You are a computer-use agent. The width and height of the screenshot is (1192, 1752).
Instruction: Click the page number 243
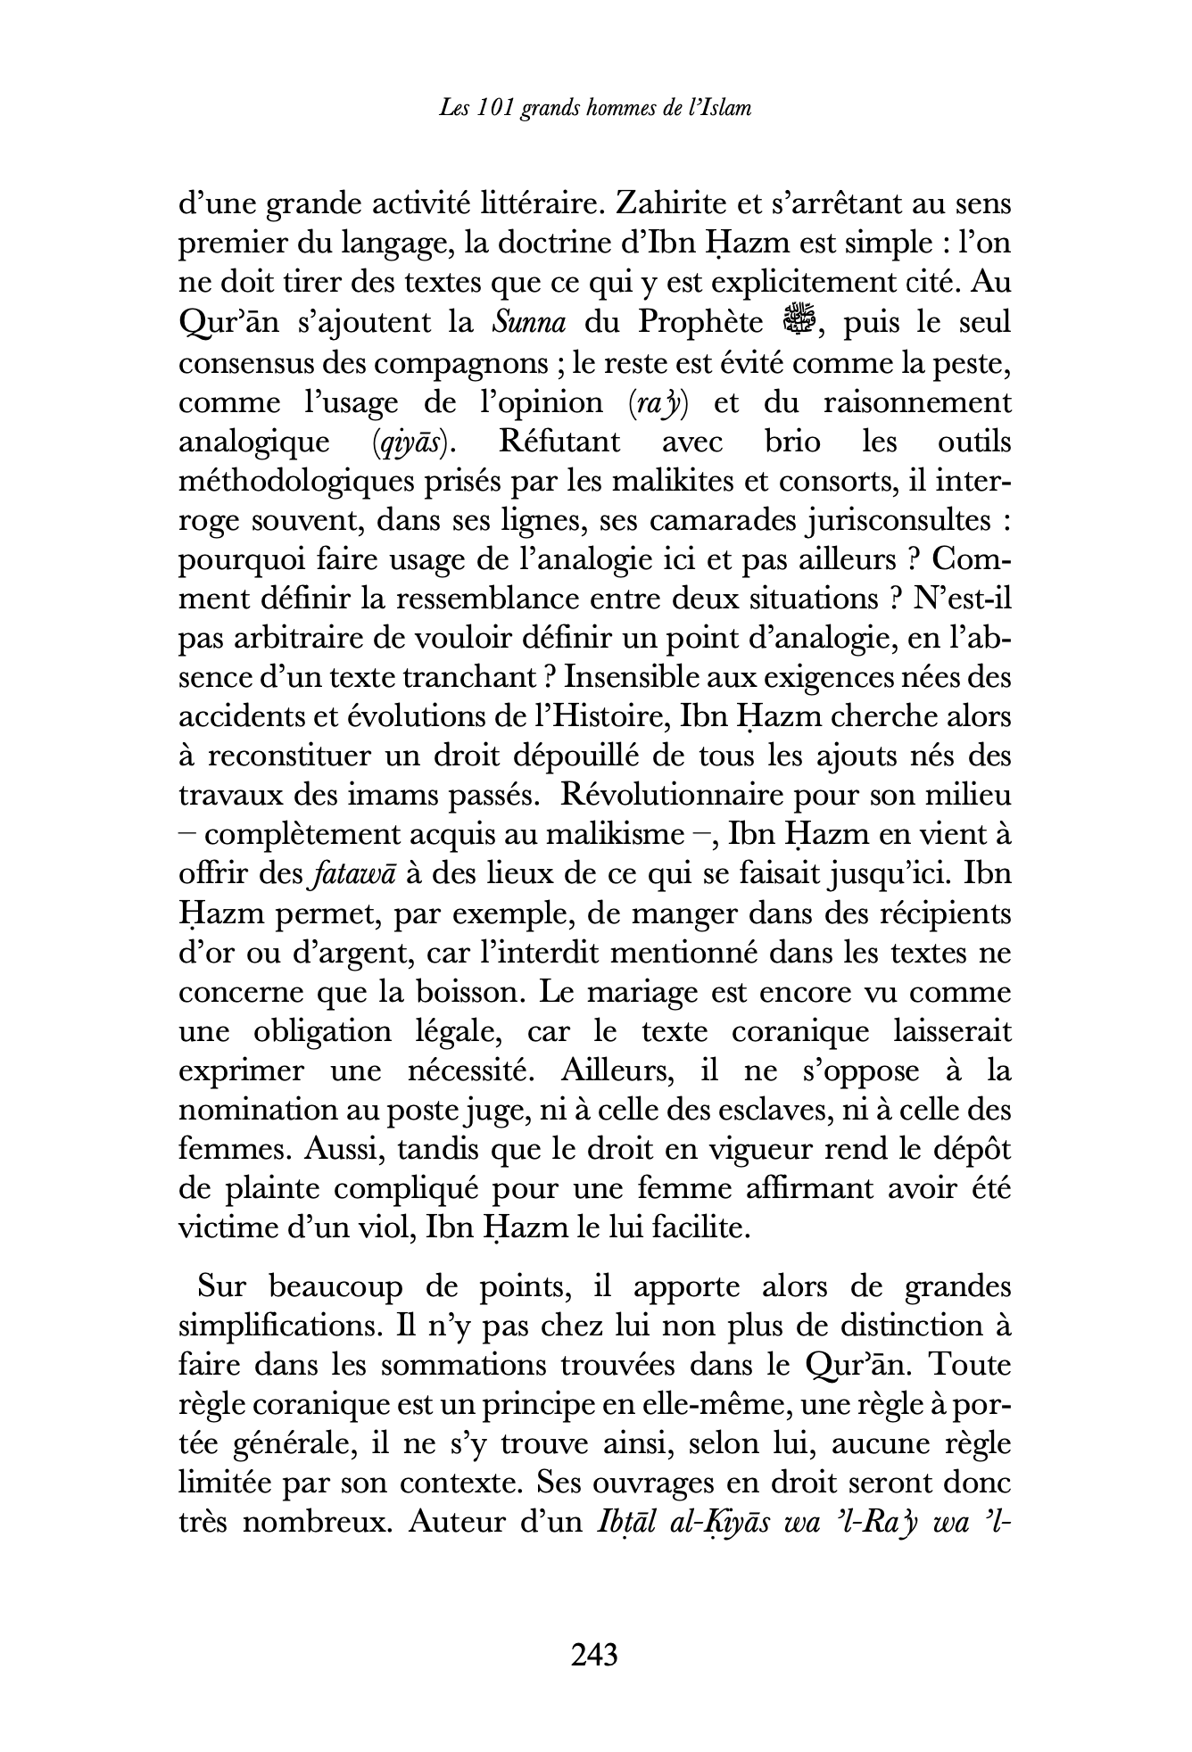(x=594, y=1655)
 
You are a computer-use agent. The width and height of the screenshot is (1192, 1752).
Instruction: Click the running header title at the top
(x=595, y=108)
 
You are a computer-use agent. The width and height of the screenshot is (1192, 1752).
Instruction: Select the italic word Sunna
(x=528, y=322)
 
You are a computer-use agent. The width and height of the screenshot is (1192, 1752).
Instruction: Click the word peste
(x=976, y=362)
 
